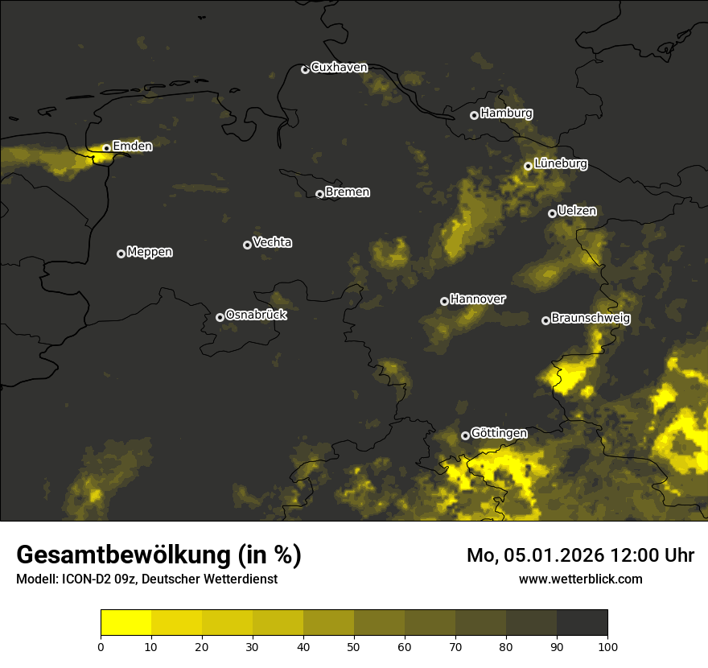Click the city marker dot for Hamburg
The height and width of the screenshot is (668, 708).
[x=475, y=115]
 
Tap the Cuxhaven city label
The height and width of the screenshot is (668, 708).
[x=339, y=68]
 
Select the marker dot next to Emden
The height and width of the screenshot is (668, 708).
[x=106, y=148]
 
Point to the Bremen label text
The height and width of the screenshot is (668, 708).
[x=348, y=192]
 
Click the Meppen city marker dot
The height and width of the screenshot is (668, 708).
[x=121, y=254]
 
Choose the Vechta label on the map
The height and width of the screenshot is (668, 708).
[x=272, y=242]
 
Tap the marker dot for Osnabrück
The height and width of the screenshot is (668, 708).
[x=220, y=317]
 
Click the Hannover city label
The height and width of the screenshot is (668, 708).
[x=477, y=299]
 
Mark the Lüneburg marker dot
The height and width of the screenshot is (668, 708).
[x=528, y=166]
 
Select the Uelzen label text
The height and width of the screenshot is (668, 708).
[x=577, y=211]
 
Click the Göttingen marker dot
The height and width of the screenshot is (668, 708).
[x=465, y=436]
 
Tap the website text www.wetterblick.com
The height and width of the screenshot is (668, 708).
[x=580, y=579]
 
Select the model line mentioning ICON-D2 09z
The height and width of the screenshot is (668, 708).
[x=146, y=579]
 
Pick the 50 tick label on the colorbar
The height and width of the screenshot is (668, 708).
[x=354, y=645]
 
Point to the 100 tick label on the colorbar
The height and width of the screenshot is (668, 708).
[x=607, y=645]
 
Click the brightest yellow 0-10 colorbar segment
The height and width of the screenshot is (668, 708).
[x=126, y=622]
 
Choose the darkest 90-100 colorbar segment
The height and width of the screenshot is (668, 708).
[x=582, y=622]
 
